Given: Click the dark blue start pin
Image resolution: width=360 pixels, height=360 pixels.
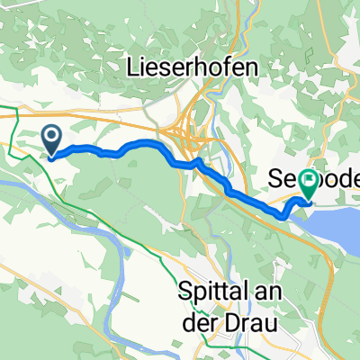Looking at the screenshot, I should pyautogui.click(x=52, y=139).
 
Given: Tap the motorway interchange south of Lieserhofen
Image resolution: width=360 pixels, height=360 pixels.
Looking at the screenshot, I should pyautogui.click(x=193, y=135).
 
